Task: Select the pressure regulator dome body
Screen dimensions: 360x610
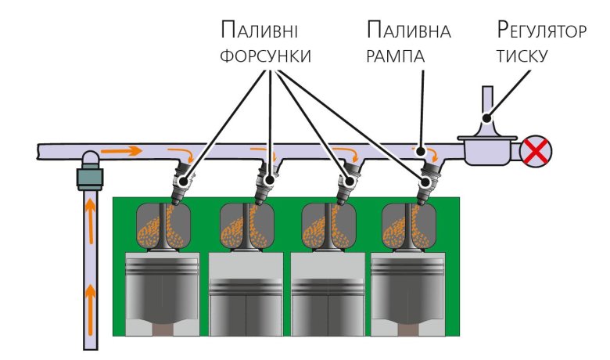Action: [x=486, y=149]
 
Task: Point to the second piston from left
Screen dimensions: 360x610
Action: [x=245, y=297]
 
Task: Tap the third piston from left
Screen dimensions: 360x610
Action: [x=327, y=297]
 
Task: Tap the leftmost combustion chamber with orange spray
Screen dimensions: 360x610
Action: [x=163, y=225]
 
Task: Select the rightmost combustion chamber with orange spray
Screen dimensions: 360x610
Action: [x=407, y=225]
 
